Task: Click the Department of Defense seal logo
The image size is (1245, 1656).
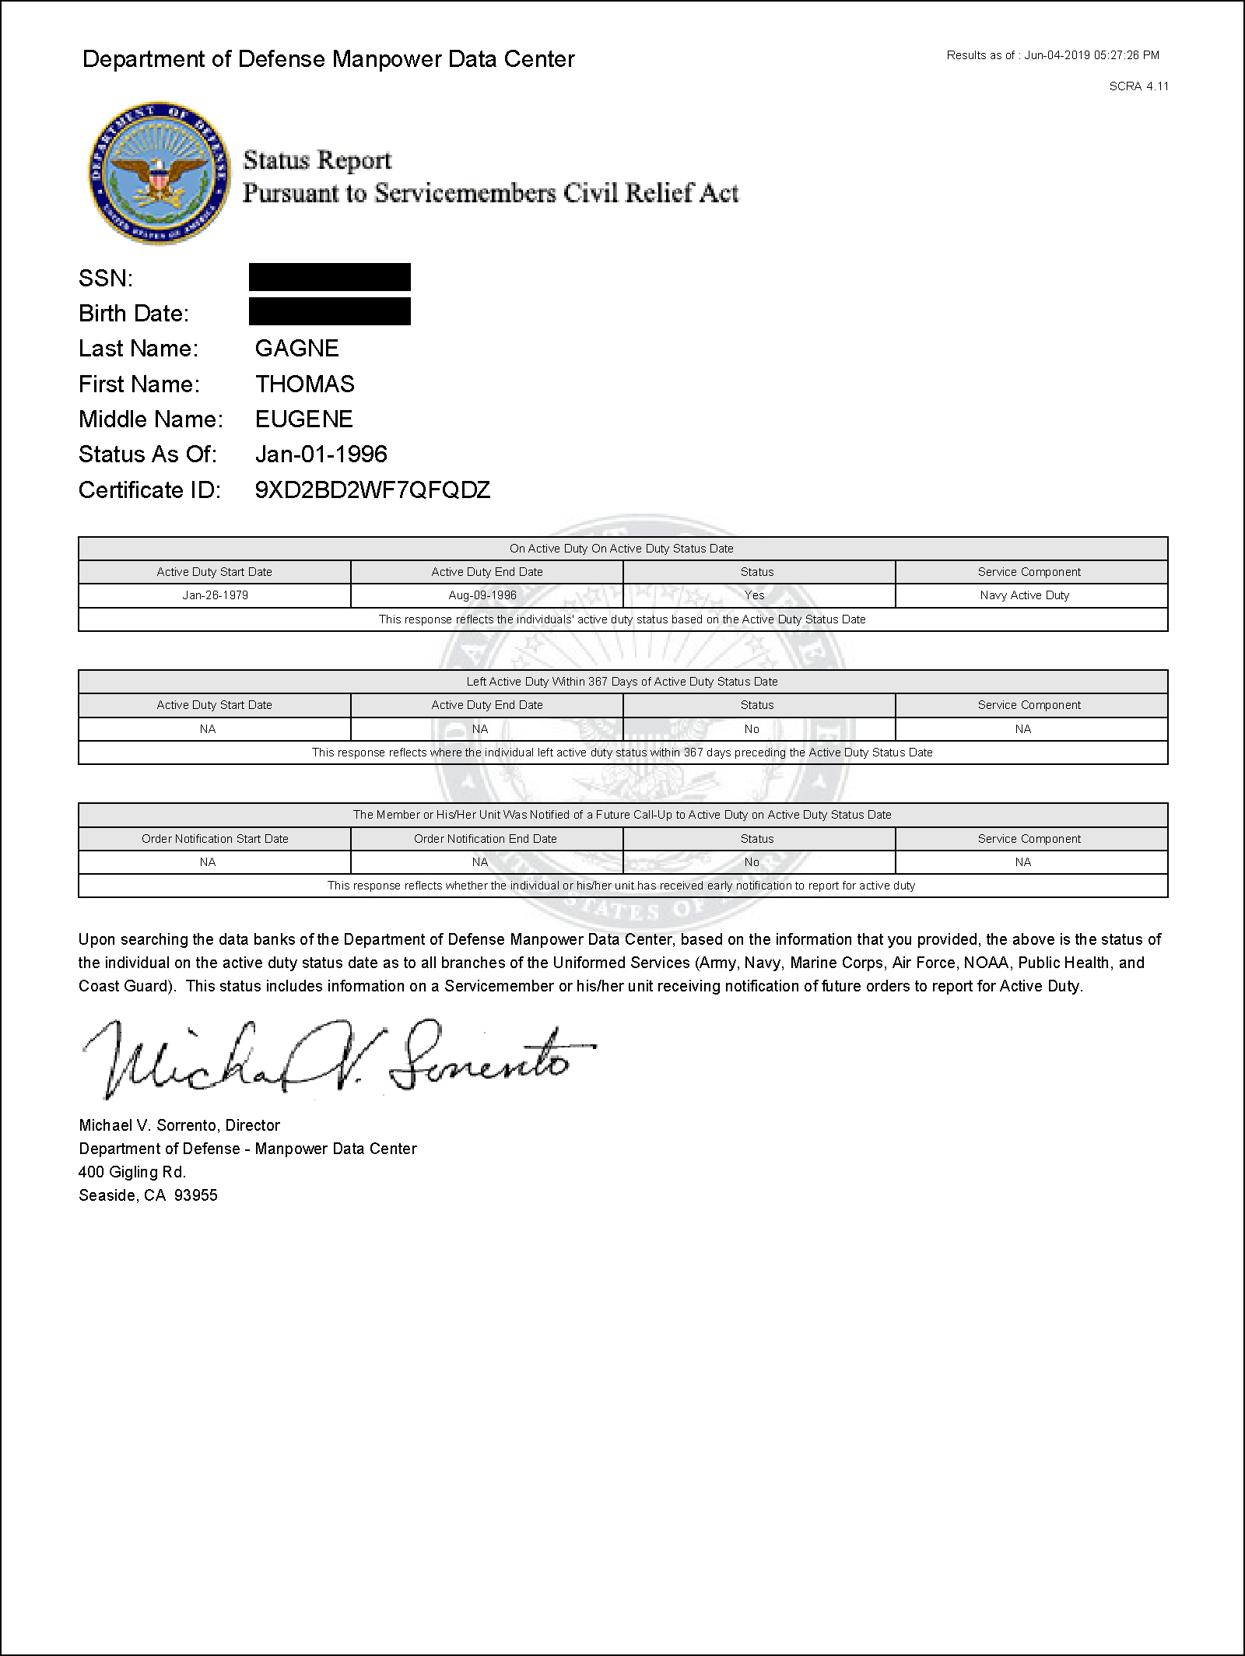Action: tap(160, 173)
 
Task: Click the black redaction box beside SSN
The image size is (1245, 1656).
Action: tap(330, 278)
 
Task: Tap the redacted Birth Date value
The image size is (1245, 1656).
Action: tap(330, 311)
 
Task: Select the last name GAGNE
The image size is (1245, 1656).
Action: tap(296, 348)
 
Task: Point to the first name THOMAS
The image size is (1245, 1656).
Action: tap(304, 384)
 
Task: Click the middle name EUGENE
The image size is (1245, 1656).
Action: tap(303, 419)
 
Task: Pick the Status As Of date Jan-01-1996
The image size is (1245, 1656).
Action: tap(321, 454)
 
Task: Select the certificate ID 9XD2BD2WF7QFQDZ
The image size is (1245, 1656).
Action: tap(373, 490)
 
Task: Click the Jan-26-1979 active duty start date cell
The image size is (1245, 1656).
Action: tap(215, 595)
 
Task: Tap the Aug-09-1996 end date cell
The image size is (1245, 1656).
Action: tap(487, 595)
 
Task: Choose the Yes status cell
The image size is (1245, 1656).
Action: tap(755, 595)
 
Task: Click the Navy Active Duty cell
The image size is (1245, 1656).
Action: tap(1024, 595)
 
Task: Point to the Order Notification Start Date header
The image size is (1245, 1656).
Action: tap(215, 839)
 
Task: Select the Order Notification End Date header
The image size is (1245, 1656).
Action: tap(486, 839)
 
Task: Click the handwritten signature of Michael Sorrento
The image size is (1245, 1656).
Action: tap(335, 1059)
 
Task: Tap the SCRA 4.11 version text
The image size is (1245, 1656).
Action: tap(1138, 86)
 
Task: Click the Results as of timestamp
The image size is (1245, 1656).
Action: tap(1053, 55)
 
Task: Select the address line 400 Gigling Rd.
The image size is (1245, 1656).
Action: tap(132, 1172)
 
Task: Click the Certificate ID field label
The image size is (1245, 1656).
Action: tap(149, 490)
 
